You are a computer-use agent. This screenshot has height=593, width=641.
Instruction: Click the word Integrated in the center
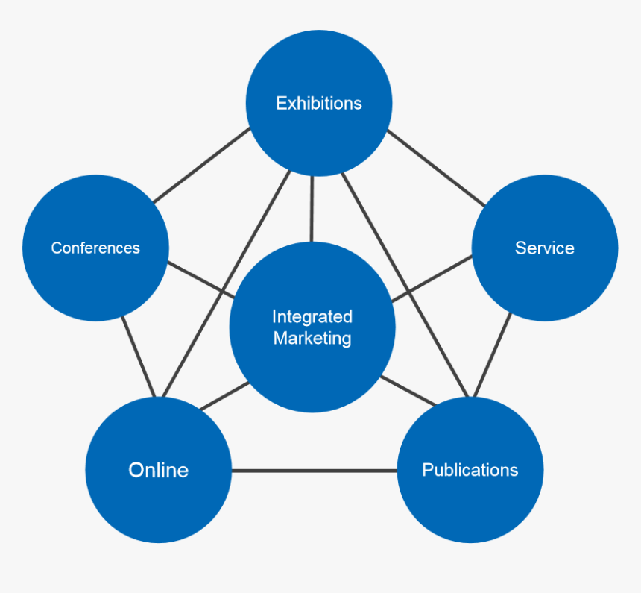coord(312,316)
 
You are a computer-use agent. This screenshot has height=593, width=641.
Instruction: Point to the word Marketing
coord(312,338)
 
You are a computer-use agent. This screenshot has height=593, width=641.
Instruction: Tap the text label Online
coord(158,470)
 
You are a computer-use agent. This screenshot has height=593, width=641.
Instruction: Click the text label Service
coord(545,248)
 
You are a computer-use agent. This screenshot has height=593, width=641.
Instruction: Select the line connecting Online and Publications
coord(314,471)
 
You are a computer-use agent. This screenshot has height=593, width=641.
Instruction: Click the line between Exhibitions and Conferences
coord(201,166)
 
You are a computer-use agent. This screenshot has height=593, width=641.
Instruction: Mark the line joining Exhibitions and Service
coord(436,167)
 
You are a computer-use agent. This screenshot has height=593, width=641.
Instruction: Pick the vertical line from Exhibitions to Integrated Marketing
coord(312,209)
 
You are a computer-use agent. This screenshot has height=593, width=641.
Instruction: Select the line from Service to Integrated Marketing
coord(432,275)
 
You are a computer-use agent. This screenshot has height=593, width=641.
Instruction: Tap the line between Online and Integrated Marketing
coord(225,396)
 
